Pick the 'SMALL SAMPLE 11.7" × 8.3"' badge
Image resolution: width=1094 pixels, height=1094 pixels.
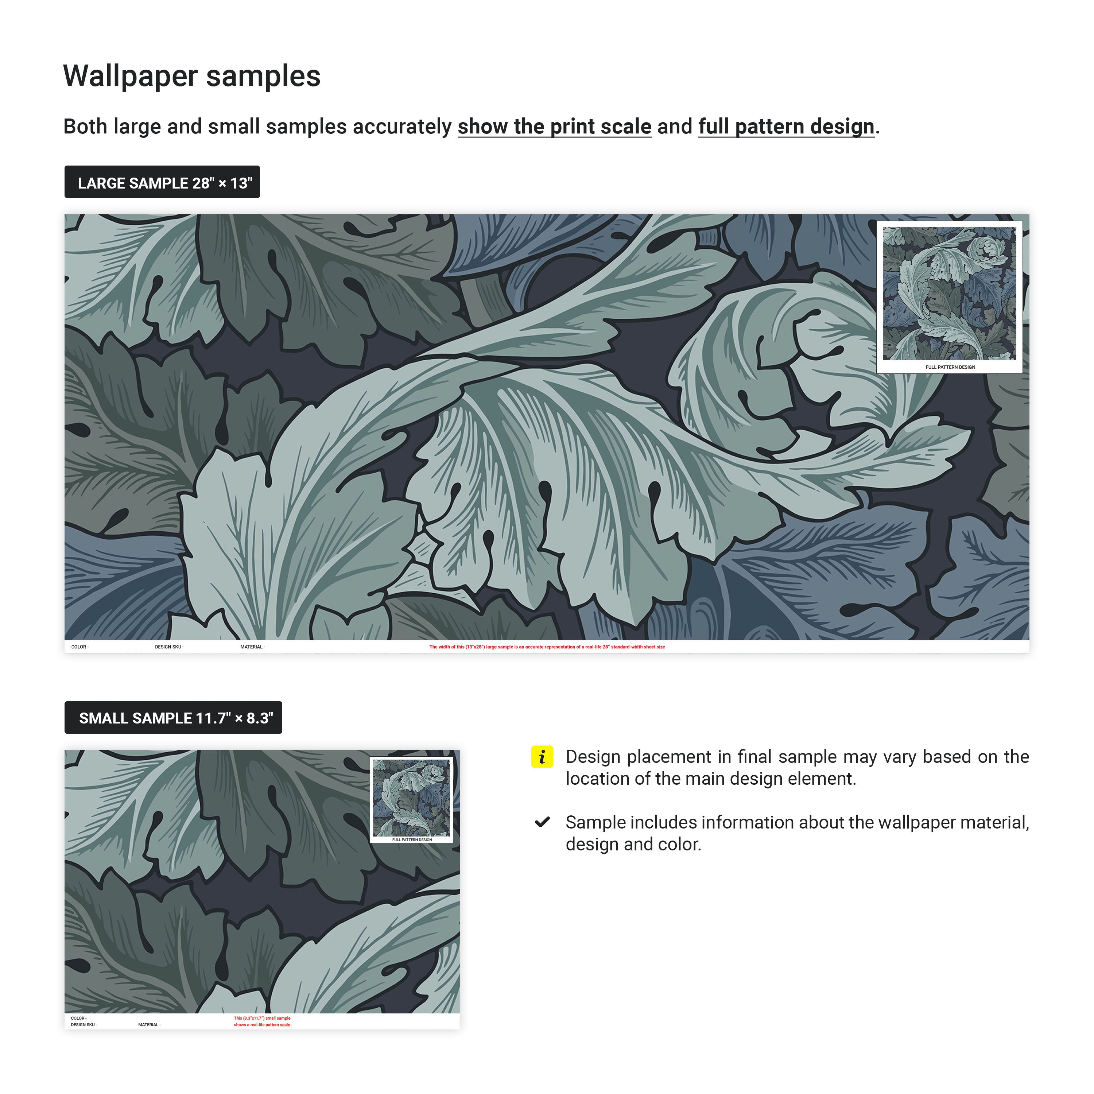pos(173,717)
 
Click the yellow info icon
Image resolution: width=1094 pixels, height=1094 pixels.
pos(542,757)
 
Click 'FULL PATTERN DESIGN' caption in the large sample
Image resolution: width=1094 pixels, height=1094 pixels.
pos(950,367)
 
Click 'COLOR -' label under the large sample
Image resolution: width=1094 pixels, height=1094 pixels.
pos(80,647)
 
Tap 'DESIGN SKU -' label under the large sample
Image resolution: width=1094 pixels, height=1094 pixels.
pos(169,647)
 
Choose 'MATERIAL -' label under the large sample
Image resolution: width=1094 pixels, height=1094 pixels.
pos(253,647)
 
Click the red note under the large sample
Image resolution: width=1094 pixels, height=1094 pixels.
pos(547,647)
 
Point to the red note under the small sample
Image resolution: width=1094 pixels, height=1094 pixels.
pos(262,1021)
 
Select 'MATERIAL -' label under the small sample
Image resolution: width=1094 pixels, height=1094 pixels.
pos(150,1024)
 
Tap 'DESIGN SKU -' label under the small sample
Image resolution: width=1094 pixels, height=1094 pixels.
pos(84,1024)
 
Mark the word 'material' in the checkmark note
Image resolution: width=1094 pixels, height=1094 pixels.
pos(988,822)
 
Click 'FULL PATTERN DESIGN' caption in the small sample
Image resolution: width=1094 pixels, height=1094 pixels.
pos(412,840)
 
